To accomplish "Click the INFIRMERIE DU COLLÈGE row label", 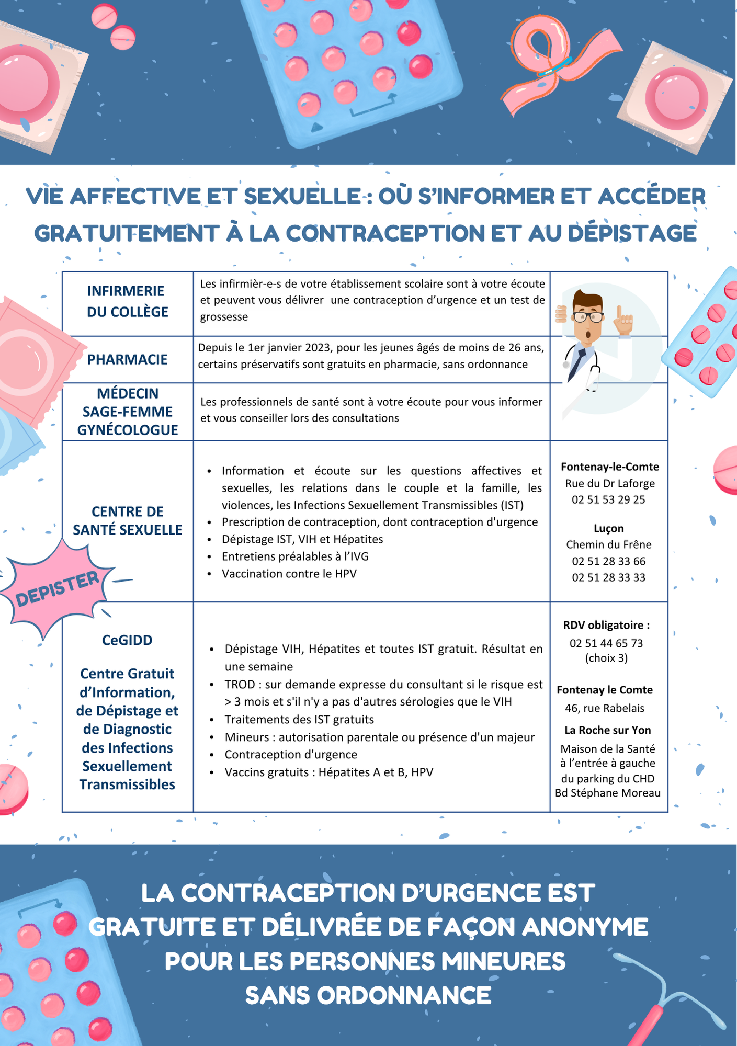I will pyautogui.click(x=127, y=301).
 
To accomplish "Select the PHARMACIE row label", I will pyautogui.click(x=127, y=359).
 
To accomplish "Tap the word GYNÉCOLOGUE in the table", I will pyautogui.click(x=128, y=430).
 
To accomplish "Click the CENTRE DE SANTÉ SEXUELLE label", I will pyautogui.click(x=127, y=520).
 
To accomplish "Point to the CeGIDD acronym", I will pyautogui.click(x=127, y=640).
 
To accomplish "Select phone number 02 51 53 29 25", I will pyautogui.click(x=608, y=499).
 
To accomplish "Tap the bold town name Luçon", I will pyautogui.click(x=608, y=528).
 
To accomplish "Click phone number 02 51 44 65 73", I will pyautogui.click(x=606, y=643).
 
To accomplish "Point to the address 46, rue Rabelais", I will pyautogui.click(x=605, y=708).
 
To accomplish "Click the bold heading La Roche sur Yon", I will pyautogui.click(x=607, y=730).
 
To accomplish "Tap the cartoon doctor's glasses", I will pyautogui.click(x=587, y=316).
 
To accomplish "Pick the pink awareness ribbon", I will pyautogui.click(x=554, y=63).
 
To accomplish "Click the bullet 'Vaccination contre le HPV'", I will pyautogui.click(x=289, y=574).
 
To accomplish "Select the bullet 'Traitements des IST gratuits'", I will pyautogui.click(x=299, y=720).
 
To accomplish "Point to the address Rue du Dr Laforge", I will pyautogui.click(x=609, y=483).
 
